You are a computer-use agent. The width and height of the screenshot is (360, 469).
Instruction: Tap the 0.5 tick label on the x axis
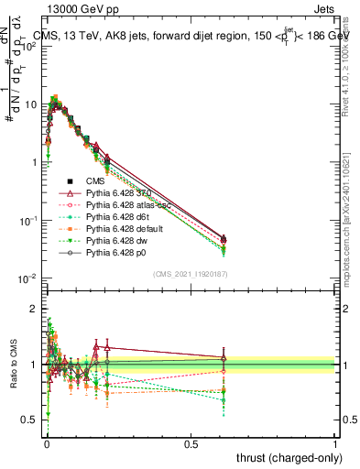point(191,443)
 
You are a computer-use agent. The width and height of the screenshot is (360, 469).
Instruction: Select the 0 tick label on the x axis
point(47,443)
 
